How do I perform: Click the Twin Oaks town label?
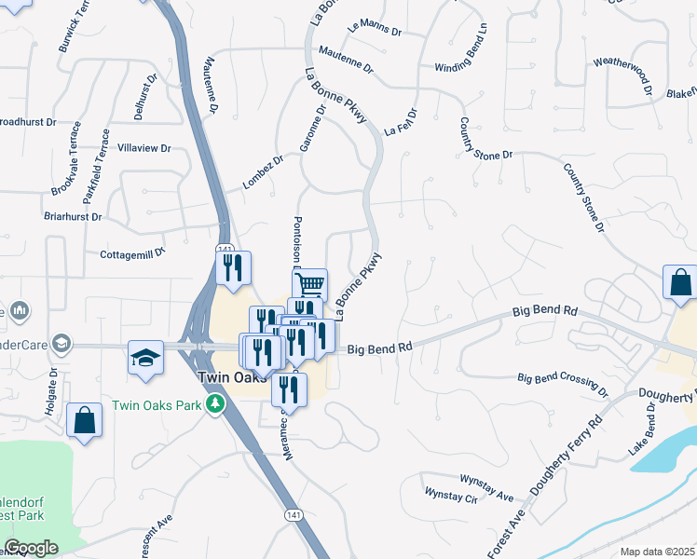[231, 380]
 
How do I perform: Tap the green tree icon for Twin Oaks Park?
[216, 404]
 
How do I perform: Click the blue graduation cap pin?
[145, 359]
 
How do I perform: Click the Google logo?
[31, 549]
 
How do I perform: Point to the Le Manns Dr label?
[374, 30]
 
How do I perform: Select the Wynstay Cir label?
[450, 495]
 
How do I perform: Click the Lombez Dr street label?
[262, 173]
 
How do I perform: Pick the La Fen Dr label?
[400, 125]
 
